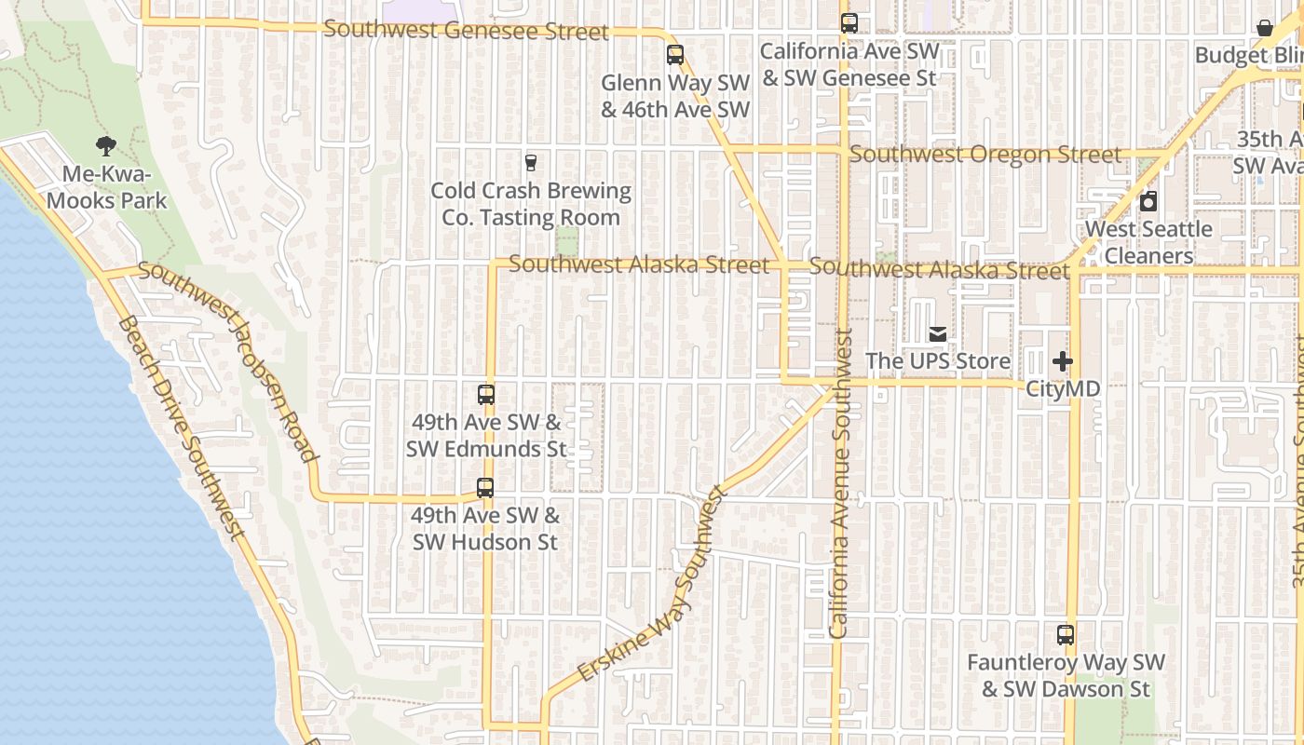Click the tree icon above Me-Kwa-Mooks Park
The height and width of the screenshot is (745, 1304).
coord(106,145)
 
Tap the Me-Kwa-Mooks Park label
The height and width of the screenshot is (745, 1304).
coord(107,187)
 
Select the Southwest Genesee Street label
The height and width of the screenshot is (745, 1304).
coord(466,30)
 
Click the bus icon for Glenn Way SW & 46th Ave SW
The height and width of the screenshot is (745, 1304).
coord(675,55)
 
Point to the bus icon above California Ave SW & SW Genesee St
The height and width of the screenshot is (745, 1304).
coord(849,23)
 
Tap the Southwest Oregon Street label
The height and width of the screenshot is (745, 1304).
coord(985,155)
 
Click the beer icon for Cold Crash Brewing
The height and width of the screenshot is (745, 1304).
coord(531,163)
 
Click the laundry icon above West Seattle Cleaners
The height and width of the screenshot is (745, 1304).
coord(1148,201)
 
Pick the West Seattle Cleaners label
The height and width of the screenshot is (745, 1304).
coord(1149,242)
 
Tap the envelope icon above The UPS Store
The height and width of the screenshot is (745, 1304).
coord(938,333)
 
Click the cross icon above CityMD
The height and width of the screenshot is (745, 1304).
coord(1063,361)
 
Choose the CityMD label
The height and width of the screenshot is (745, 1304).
coord(1063,388)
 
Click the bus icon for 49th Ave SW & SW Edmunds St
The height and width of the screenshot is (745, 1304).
coord(486,394)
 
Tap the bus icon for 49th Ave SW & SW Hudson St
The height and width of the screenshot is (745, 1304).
coord(485,487)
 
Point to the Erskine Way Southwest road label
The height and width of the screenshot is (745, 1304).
coord(652,584)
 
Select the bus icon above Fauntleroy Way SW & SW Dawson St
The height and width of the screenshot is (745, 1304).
coord(1066,635)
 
